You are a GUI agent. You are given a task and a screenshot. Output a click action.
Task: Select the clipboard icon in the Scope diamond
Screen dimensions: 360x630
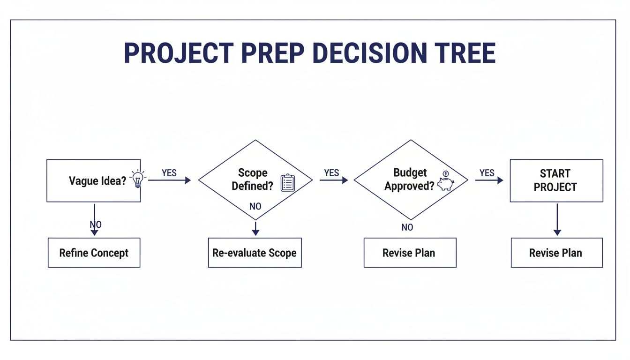[x=287, y=183]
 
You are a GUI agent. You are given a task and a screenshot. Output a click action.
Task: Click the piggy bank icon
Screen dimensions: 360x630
[x=445, y=183]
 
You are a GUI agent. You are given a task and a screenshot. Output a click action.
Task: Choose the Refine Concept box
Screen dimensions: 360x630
[x=94, y=253]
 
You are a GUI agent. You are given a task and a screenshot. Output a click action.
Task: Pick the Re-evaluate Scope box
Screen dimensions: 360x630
[x=255, y=253]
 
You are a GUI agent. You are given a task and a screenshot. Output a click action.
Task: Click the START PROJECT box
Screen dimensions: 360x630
[x=556, y=180]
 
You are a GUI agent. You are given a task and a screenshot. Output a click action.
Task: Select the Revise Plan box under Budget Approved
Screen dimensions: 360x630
[x=409, y=253]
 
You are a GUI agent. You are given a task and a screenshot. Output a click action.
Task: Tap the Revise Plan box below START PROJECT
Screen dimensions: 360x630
[x=556, y=253]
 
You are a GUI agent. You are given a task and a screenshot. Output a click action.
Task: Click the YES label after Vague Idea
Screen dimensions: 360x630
[x=169, y=173]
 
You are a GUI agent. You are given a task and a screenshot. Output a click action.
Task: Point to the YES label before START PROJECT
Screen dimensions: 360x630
[x=487, y=173]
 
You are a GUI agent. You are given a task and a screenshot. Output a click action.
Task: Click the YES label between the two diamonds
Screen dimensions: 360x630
[x=331, y=173]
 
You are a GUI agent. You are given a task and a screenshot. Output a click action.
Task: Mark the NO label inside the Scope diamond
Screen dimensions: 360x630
[x=255, y=207]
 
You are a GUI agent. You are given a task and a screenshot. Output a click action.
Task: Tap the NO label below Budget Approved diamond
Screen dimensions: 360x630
[x=407, y=227]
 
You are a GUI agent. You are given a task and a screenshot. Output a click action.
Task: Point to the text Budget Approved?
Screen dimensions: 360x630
[x=409, y=180]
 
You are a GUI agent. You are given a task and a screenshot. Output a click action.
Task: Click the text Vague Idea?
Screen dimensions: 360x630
[x=97, y=181]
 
